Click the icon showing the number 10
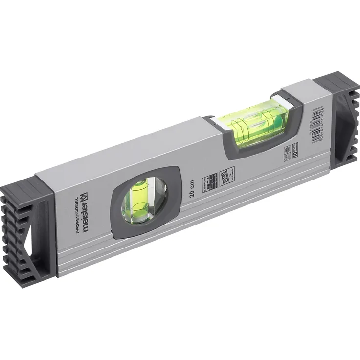[x=295, y=150]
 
